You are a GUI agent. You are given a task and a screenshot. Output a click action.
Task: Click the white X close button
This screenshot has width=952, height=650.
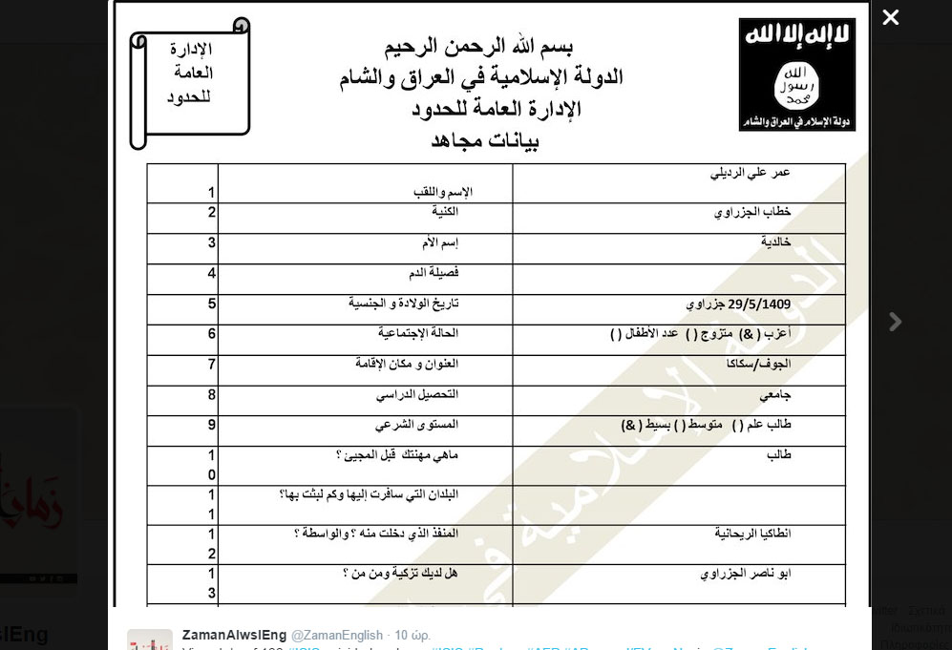tap(890, 17)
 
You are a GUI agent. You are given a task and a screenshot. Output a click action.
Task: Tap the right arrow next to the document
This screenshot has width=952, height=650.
tap(895, 322)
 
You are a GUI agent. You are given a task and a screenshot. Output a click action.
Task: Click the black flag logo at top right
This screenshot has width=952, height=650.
tap(796, 73)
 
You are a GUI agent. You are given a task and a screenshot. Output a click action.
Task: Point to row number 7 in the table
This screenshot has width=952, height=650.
tap(212, 364)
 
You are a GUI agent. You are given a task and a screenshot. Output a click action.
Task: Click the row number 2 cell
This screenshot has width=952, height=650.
tap(212, 212)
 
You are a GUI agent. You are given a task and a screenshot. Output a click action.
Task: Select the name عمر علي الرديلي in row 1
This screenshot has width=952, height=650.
tap(751, 173)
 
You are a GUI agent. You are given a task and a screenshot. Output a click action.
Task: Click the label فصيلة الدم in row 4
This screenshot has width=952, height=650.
tap(434, 273)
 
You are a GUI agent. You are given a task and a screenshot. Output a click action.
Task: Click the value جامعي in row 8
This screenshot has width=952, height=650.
tap(775, 393)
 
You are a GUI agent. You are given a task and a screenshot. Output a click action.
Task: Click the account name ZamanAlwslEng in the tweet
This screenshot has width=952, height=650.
tap(233, 635)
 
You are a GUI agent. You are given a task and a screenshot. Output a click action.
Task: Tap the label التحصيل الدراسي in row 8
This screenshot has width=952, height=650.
tap(418, 394)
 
